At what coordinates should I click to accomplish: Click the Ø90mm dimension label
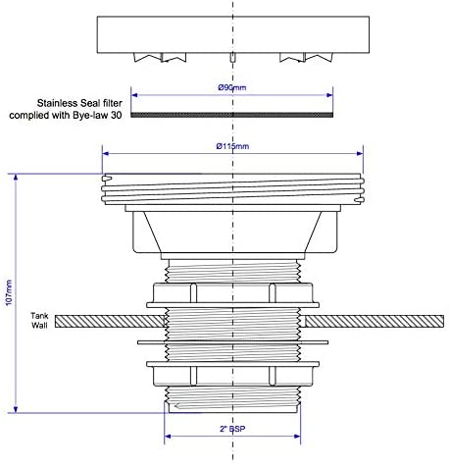(232, 87)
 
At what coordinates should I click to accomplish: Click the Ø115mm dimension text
(232, 146)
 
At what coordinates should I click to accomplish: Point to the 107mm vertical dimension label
(9, 292)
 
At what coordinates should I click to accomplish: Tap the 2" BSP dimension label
(232, 429)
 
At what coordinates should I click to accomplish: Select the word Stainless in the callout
(58, 103)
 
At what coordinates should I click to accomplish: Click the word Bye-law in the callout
(93, 116)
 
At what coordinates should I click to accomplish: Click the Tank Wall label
(39, 321)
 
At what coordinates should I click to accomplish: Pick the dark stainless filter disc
(232, 115)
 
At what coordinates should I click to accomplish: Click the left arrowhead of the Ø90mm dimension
(134, 95)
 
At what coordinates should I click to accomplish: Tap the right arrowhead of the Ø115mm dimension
(360, 153)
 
